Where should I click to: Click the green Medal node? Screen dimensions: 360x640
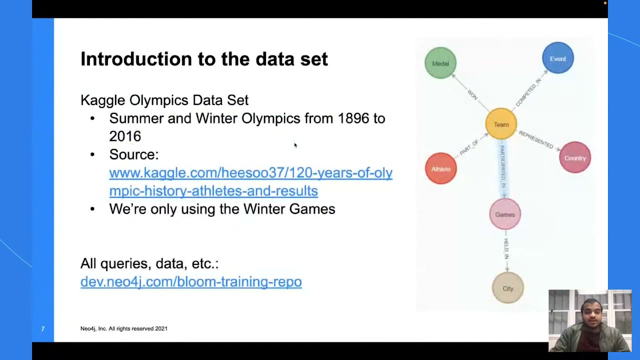pos(440,63)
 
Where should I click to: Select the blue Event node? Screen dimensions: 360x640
pos(557,58)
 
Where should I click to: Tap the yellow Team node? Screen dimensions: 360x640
pos(501,124)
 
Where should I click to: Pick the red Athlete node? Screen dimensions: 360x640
pos(440,168)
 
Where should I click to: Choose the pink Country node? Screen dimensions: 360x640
pos(575,158)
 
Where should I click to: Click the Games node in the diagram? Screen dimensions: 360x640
pos(505,214)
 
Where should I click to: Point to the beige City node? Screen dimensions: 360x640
pos(508,288)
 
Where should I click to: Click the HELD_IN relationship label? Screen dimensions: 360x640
pos(506,249)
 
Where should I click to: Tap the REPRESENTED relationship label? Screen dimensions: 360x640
pos(536,139)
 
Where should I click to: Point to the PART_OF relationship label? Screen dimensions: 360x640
pos(469,147)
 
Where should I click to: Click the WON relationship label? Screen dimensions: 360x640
pos(472,94)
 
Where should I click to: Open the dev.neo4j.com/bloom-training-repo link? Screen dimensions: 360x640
pos(191,281)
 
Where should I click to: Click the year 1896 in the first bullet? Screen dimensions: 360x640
pos(353,118)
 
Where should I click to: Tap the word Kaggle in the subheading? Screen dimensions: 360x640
pos(102,100)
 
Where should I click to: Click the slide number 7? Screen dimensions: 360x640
pos(42,328)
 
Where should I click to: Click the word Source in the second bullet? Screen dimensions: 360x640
pos(132,154)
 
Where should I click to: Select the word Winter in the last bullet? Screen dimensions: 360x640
pos(264,209)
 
